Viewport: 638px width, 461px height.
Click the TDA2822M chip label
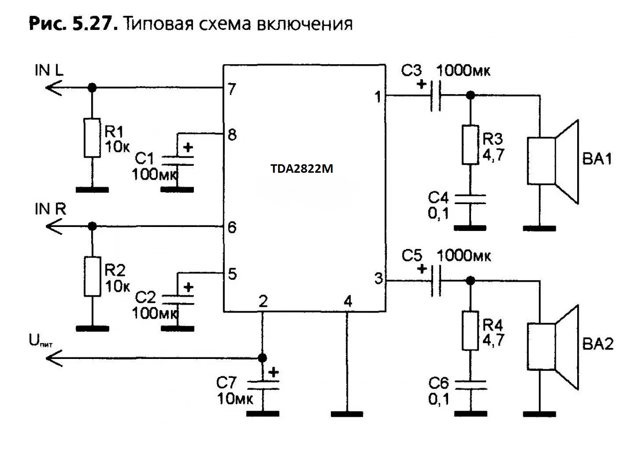pyautogui.click(x=301, y=169)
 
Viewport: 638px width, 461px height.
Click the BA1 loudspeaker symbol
pyautogui.click(x=553, y=161)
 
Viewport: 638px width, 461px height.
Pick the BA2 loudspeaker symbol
pyautogui.click(x=553, y=346)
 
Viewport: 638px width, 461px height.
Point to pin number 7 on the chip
pyautogui.click(x=231, y=90)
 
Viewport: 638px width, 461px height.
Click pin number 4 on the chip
pyautogui.click(x=347, y=301)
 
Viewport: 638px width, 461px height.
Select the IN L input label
pyautogui.click(x=48, y=71)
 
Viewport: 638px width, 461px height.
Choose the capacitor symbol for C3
pyautogui.click(x=435, y=95)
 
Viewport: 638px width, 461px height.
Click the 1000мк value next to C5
pyautogui.click(x=464, y=256)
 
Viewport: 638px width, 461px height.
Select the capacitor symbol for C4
pyautogui.click(x=469, y=199)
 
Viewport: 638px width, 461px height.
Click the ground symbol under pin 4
pyautogui.click(x=347, y=413)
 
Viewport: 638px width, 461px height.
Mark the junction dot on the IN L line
pyautogui.click(x=92, y=88)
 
